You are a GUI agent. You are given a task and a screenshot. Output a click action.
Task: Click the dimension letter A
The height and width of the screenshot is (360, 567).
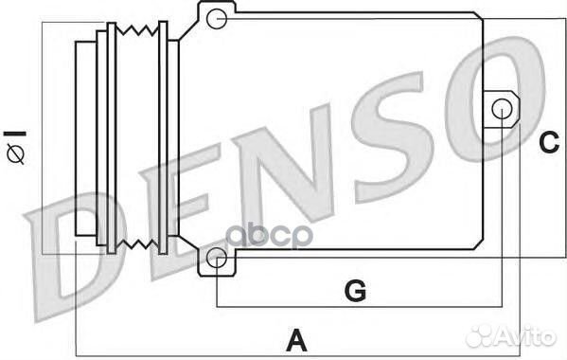click(296, 338)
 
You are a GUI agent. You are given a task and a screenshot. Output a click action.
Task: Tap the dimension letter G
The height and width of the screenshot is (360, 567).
click(354, 291)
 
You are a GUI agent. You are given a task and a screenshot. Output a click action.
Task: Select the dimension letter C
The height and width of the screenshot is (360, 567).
click(549, 143)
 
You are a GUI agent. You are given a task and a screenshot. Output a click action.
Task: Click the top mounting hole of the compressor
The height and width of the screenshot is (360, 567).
click(217, 16)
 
